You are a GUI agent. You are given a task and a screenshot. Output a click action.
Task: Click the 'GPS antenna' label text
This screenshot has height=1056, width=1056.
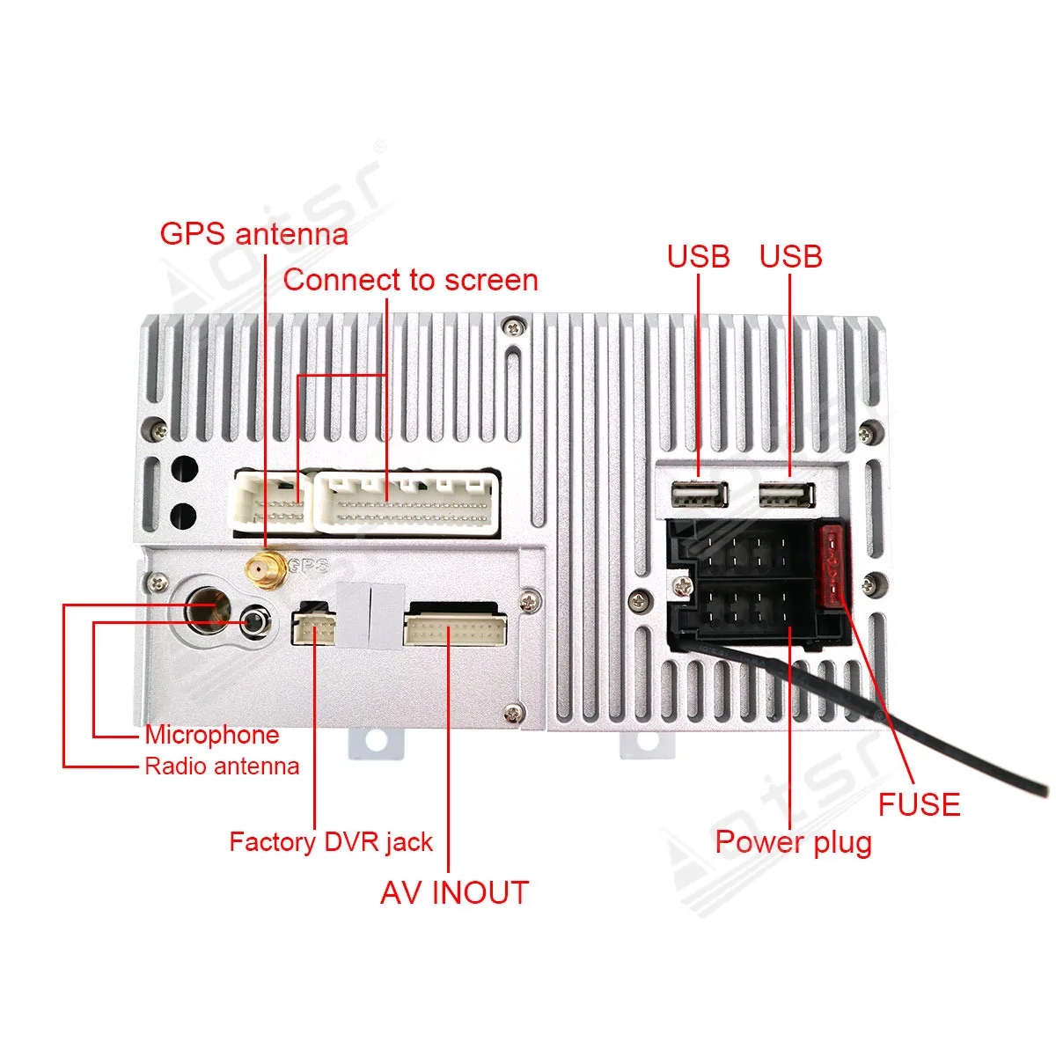click(x=253, y=234)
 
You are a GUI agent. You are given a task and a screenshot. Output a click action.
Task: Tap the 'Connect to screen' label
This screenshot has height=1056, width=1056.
click(x=410, y=280)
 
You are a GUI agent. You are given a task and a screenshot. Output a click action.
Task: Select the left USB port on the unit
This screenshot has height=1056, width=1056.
click(x=700, y=496)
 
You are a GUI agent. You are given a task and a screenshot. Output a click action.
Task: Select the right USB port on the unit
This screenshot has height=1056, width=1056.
click(x=788, y=496)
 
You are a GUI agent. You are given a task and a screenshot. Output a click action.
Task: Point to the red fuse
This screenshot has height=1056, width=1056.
click(x=832, y=568)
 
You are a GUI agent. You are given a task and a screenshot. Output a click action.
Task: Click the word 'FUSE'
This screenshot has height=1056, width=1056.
click(x=919, y=804)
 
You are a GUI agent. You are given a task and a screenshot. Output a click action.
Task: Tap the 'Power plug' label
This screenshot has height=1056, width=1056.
click(x=793, y=842)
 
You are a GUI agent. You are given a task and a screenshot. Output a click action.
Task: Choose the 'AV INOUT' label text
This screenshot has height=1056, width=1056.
click(x=454, y=892)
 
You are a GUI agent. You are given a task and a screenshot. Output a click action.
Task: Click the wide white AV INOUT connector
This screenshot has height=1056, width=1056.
click(x=455, y=628)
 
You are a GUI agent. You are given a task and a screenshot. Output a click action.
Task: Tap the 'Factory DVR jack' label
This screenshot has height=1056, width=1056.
click(x=331, y=842)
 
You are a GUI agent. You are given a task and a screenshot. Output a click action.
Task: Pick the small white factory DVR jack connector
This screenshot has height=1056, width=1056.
click(x=314, y=627)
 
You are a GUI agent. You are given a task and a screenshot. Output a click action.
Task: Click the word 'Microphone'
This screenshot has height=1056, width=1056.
click(x=212, y=735)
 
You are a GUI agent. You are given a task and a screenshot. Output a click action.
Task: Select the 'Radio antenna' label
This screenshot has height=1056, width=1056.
click(x=222, y=766)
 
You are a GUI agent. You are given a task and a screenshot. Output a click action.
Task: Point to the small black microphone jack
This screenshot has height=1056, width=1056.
click(x=255, y=623)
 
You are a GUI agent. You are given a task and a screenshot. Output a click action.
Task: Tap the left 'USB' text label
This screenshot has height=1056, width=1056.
click(x=699, y=256)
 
